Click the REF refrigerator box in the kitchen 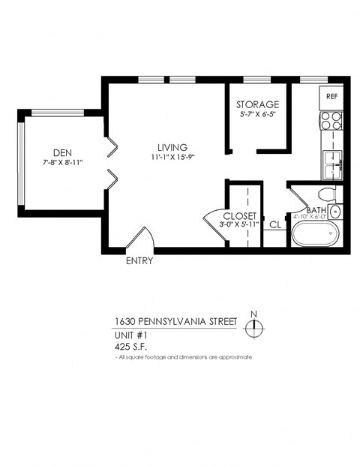point(331,97)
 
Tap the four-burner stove point(331,122)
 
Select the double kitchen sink point(331,164)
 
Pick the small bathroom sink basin point(335,212)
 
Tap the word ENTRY point(140,261)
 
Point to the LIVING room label point(172,147)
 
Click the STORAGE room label point(258,104)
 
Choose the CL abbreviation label point(274,224)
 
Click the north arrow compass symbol point(256,325)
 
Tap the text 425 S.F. point(132,347)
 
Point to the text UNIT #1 point(131,335)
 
